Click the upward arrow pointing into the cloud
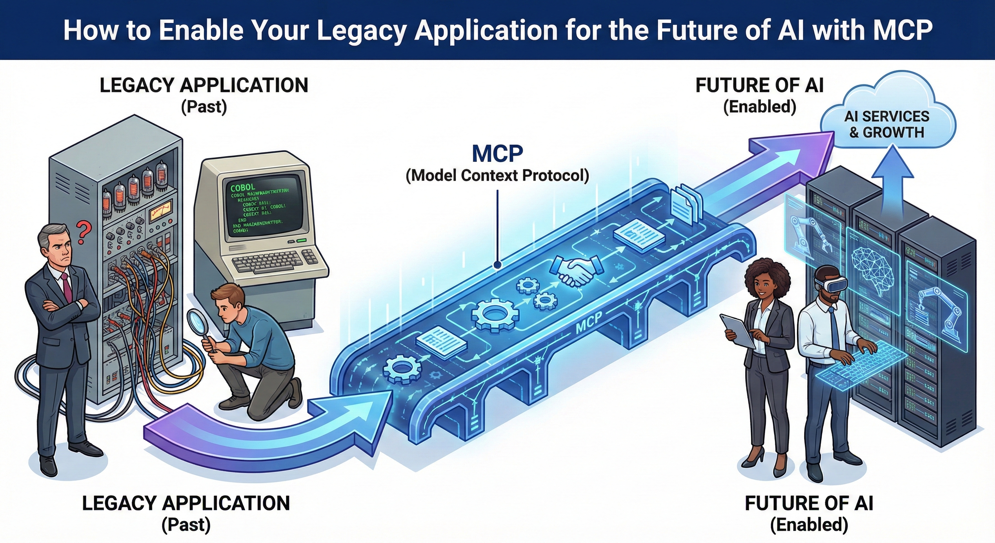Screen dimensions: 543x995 pos(892,178)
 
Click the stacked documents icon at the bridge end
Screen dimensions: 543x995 pos(686,207)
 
